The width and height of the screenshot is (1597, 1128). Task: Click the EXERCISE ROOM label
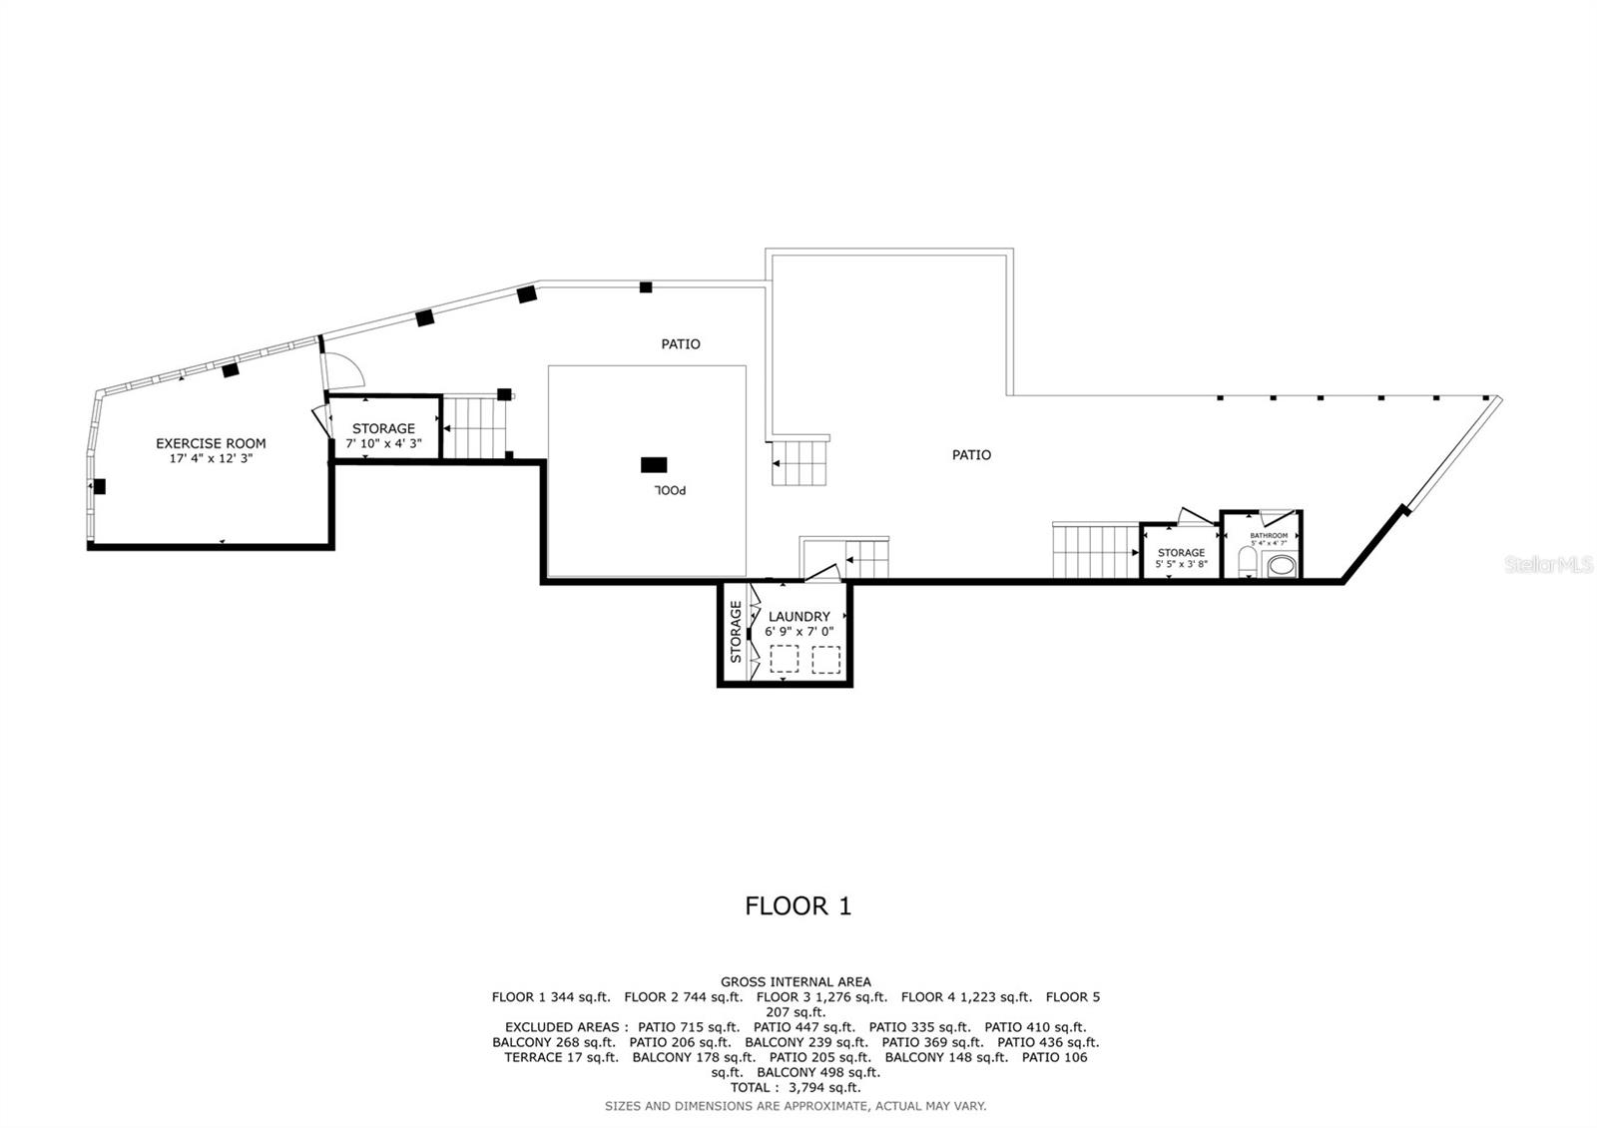(x=211, y=443)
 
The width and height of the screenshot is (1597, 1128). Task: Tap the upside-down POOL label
(x=671, y=490)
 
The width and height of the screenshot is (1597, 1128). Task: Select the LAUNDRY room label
(x=798, y=617)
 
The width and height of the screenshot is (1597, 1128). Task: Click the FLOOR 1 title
(x=798, y=906)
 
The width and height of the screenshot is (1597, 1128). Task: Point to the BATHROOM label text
(x=1269, y=536)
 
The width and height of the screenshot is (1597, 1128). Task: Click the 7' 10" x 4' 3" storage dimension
(x=383, y=442)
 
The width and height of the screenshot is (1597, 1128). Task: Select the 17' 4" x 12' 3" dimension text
(x=211, y=458)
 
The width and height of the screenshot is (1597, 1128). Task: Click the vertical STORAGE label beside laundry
(x=736, y=631)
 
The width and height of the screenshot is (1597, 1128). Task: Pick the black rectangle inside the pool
(x=654, y=464)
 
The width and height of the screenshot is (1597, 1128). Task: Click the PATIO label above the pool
(x=681, y=344)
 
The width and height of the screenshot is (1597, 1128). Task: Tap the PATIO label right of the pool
(x=971, y=455)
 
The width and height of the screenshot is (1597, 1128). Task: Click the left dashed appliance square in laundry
(x=785, y=660)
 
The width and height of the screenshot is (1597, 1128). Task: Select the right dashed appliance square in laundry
(x=825, y=660)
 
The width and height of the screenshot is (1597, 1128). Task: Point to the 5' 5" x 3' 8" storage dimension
(x=1181, y=564)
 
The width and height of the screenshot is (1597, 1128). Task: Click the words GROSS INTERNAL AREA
(x=796, y=982)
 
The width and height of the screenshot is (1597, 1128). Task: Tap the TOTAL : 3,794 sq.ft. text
(x=796, y=1087)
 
